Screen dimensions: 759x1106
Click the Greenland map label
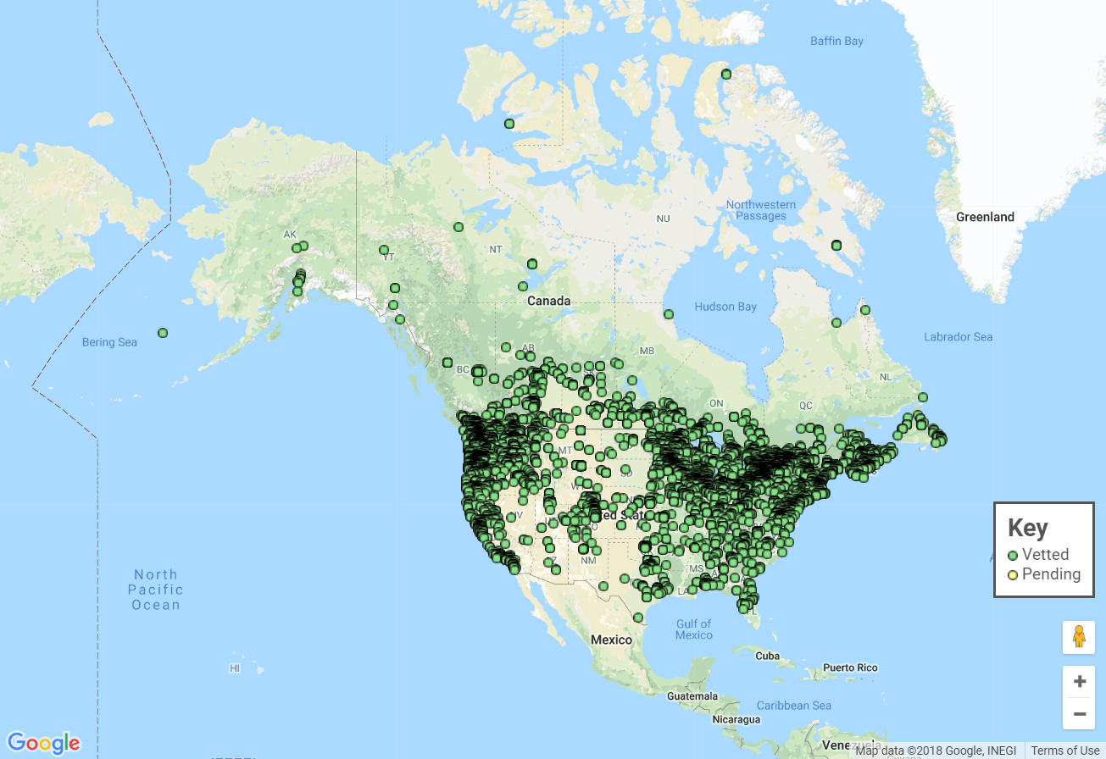(x=985, y=217)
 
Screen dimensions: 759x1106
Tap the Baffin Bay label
(x=836, y=41)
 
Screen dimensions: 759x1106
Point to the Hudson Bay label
(x=725, y=307)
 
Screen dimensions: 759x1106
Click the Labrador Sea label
(x=958, y=337)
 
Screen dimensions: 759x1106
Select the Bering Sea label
(x=109, y=342)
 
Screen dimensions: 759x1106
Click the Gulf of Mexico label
(x=694, y=629)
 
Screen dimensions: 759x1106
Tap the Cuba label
(x=767, y=656)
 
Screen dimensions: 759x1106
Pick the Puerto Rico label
(x=849, y=668)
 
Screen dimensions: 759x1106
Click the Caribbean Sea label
(x=793, y=706)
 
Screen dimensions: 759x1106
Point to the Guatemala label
(x=692, y=696)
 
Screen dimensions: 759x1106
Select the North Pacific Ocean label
(x=156, y=590)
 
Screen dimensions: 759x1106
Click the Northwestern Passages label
(x=760, y=210)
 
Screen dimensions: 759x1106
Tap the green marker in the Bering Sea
(x=163, y=333)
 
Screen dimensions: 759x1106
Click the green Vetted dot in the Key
(x=1013, y=556)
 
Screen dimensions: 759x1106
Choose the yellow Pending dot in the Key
(x=1013, y=575)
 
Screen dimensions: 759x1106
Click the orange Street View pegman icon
(x=1079, y=636)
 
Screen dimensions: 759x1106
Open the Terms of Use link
(x=1065, y=751)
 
